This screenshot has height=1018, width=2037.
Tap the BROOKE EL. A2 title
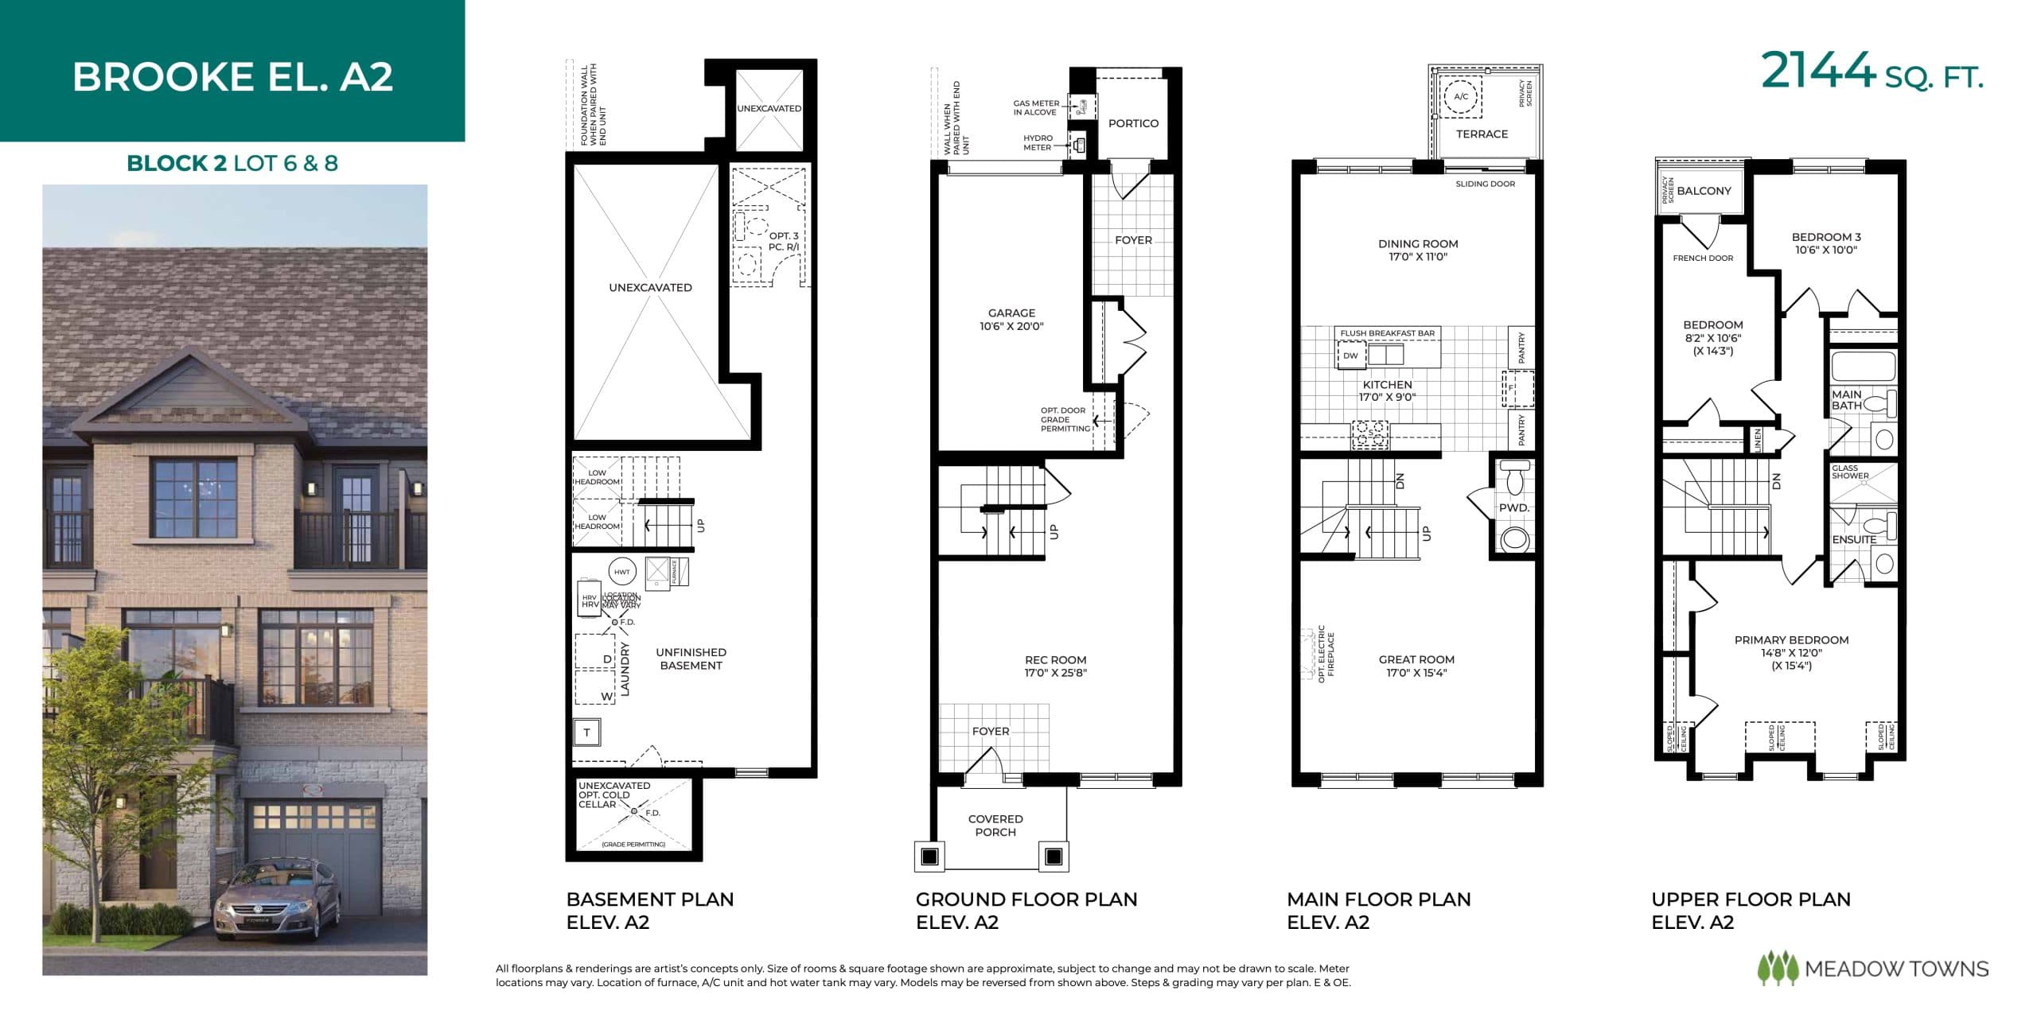(232, 77)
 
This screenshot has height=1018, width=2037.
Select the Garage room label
(1011, 313)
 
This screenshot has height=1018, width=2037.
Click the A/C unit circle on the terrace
(1461, 97)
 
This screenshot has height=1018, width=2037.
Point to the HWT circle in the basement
(621, 572)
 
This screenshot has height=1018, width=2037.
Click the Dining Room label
(1418, 244)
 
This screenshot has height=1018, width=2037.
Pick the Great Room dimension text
(1416, 673)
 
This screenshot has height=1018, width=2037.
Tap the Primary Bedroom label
(1791, 640)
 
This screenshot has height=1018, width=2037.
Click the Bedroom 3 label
(1826, 237)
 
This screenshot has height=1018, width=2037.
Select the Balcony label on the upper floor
(1704, 191)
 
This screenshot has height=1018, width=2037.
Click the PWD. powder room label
(1513, 507)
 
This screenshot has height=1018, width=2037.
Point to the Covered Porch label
(995, 826)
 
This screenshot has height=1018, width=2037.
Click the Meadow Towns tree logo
(1778, 969)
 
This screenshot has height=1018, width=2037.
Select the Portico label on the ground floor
(1133, 123)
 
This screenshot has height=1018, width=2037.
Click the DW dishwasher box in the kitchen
(1350, 356)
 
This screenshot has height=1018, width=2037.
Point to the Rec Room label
(1055, 660)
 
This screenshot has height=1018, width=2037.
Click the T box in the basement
(586, 732)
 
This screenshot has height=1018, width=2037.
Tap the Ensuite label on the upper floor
(1854, 539)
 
